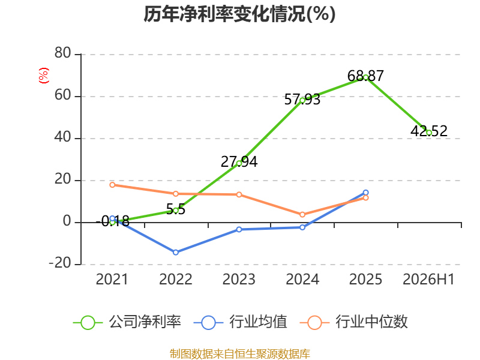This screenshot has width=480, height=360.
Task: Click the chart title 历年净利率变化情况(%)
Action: tap(239, 14)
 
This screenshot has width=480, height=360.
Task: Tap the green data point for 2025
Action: tap(365, 77)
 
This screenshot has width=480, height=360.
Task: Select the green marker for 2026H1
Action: tap(429, 133)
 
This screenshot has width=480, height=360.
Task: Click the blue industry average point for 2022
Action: tap(176, 252)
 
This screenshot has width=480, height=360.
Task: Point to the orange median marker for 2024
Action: tap(302, 215)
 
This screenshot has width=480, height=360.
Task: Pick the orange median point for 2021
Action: tap(112, 185)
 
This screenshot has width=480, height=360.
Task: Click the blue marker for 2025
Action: tap(365, 193)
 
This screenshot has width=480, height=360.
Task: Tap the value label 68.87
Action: tap(365, 76)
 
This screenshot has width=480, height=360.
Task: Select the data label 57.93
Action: tap(302, 99)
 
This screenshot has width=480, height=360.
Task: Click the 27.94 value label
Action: tap(239, 161)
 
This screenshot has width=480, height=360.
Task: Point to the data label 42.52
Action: tap(429, 131)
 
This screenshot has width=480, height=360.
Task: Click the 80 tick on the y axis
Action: tap(63, 53)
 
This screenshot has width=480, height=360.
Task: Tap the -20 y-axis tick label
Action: tap(60, 263)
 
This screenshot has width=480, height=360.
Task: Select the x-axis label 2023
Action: tap(239, 279)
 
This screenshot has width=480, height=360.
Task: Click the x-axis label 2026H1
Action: tap(428, 279)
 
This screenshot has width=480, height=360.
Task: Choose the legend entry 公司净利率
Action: tap(127, 322)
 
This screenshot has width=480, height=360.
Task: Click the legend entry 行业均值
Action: tap(241, 322)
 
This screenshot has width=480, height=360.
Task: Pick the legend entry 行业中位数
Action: tap(354, 322)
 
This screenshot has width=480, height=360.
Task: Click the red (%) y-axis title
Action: tap(43, 76)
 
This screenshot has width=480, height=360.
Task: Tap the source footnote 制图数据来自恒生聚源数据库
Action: tap(240, 353)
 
